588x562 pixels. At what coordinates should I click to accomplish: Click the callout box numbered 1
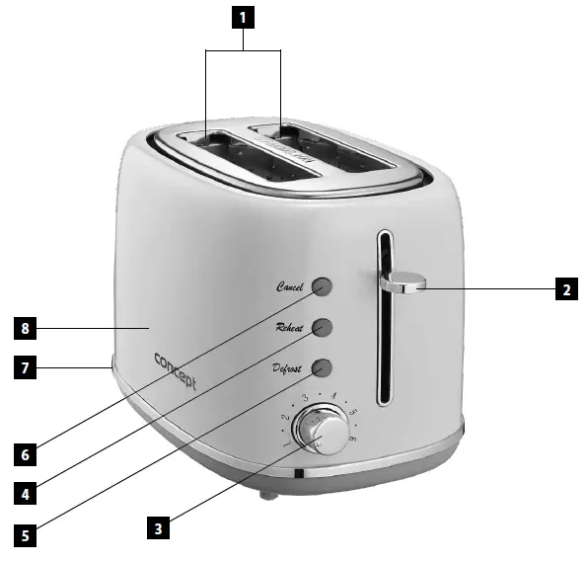(x=242, y=17)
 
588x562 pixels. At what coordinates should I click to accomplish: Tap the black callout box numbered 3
(x=157, y=527)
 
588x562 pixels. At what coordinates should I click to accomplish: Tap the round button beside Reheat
(x=322, y=327)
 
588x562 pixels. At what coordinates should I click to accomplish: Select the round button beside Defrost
(x=322, y=367)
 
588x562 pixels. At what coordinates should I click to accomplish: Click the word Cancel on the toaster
(x=290, y=286)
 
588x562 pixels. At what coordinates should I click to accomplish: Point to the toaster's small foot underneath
(x=263, y=493)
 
